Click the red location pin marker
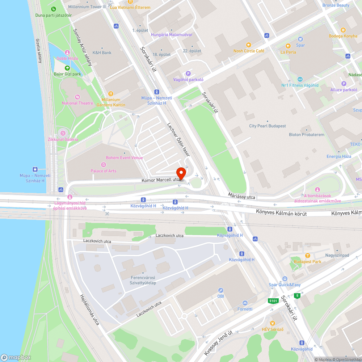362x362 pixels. point(181,173)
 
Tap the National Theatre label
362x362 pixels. point(77,103)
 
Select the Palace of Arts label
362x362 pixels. point(104,171)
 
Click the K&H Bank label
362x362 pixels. point(102,52)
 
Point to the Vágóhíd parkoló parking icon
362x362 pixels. point(188,73)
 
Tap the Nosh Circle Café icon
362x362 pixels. point(248,45)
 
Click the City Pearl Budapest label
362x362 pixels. point(268,126)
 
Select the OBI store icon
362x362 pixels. point(220,290)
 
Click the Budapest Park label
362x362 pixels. point(307,262)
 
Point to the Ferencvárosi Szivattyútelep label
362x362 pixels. point(143,280)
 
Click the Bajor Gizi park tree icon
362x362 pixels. point(67,68)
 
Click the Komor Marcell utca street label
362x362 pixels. point(161,180)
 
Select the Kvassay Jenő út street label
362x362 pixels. point(218,342)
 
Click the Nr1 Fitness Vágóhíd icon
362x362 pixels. point(300,79)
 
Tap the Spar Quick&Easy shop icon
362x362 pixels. point(285,279)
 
